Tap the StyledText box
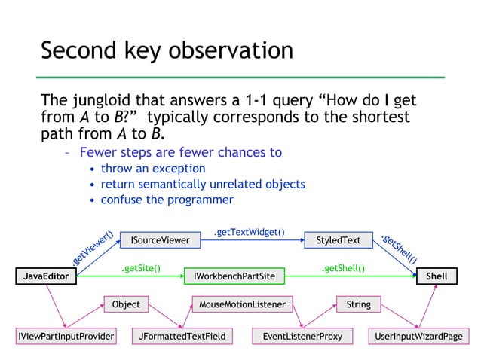click(x=339, y=240)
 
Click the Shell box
click(x=436, y=276)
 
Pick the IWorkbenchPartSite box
click(x=234, y=276)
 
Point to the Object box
click(x=126, y=304)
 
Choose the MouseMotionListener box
click(x=242, y=304)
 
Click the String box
click(x=358, y=304)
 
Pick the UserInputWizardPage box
click(x=418, y=335)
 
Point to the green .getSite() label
click(x=141, y=267)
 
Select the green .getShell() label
click(x=343, y=267)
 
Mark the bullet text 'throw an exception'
click(x=153, y=168)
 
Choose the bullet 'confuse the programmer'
click(x=167, y=200)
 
